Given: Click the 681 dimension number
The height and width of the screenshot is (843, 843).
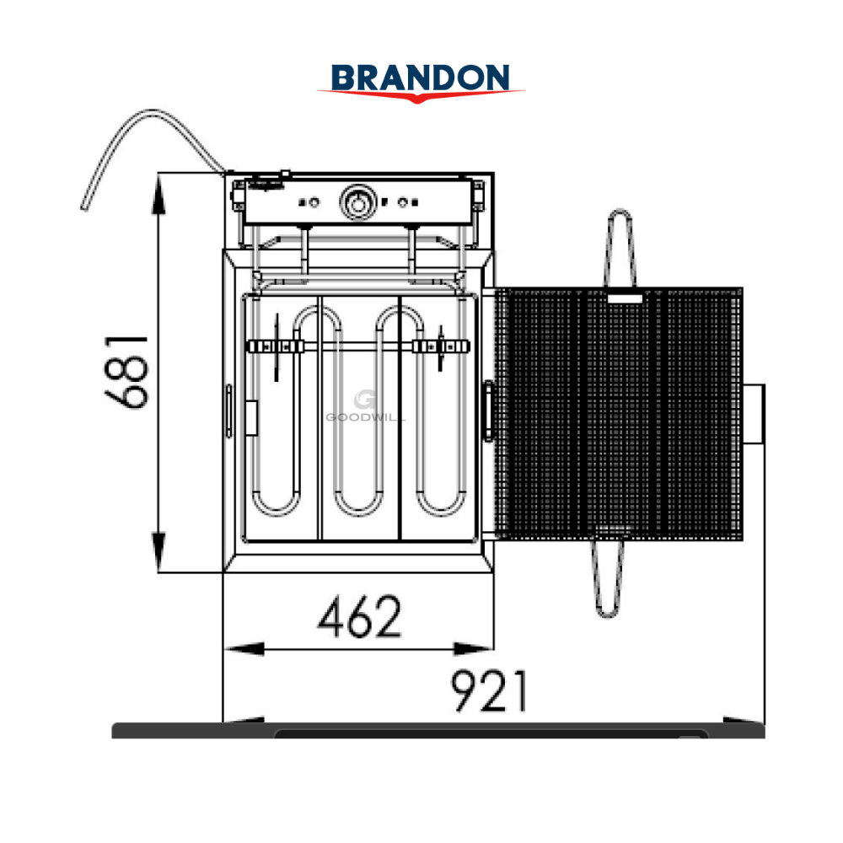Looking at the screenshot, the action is click(x=126, y=372).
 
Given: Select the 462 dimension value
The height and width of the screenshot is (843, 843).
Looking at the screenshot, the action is click(x=359, y=616).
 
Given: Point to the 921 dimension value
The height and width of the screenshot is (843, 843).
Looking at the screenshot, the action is click(x=489, y=691).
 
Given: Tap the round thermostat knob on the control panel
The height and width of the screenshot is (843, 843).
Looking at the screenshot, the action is click(x=357, y=202).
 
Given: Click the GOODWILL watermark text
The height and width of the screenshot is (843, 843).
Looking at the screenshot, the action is click(x=364, y=417).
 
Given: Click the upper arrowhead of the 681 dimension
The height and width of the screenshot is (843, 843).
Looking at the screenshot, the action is click(x=158, y=194).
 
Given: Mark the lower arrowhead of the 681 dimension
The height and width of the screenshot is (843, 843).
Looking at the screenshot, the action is click(x=158, y=552).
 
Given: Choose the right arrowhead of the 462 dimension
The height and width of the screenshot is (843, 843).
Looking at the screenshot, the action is click(x=474, y=649).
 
